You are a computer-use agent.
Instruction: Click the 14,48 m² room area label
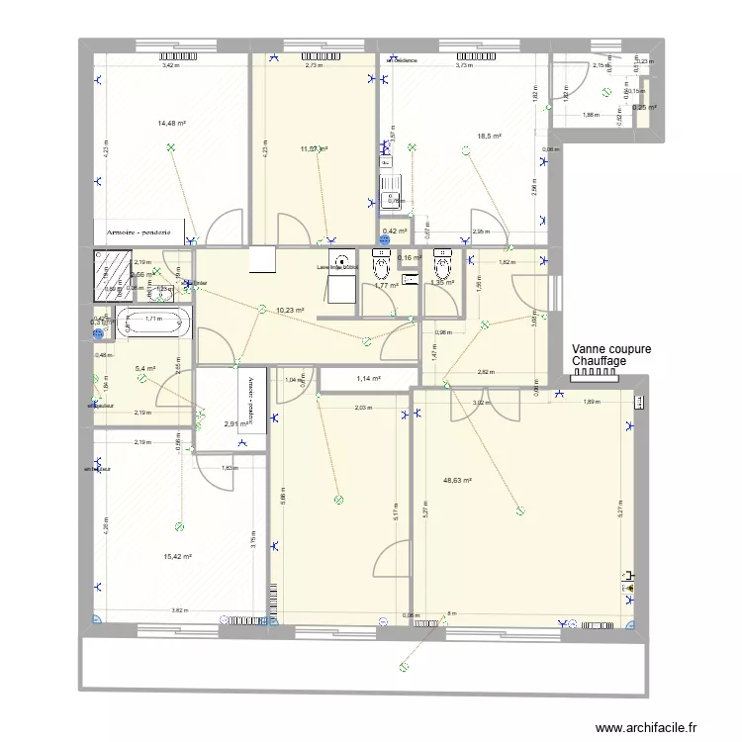tap(171, 124)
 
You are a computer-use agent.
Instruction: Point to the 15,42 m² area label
tap(177, 556)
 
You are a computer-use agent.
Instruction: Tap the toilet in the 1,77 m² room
tap(378, 265)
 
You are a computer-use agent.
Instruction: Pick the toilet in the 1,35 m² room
tap(442, 264)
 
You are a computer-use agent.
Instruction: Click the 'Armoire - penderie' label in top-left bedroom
tap(139, 232)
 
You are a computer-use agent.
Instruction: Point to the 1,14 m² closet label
tap(367, 378)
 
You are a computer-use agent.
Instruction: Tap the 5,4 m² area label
tap(145, 368)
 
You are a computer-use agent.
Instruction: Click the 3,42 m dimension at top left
tap(171, 65)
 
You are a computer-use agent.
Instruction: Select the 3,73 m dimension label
tap(463, 65)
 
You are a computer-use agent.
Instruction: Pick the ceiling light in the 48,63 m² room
tap(520, 510)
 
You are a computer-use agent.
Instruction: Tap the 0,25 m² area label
tap(645, 108)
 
